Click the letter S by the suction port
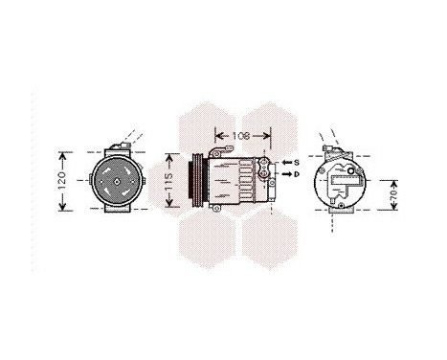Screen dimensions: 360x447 click(x=297, y=163)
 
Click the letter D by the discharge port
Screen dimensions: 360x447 click(x=297, y=174)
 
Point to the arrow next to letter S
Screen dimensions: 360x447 click(x=284, y=163)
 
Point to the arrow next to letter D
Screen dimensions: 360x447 click(x=284, y=174)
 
